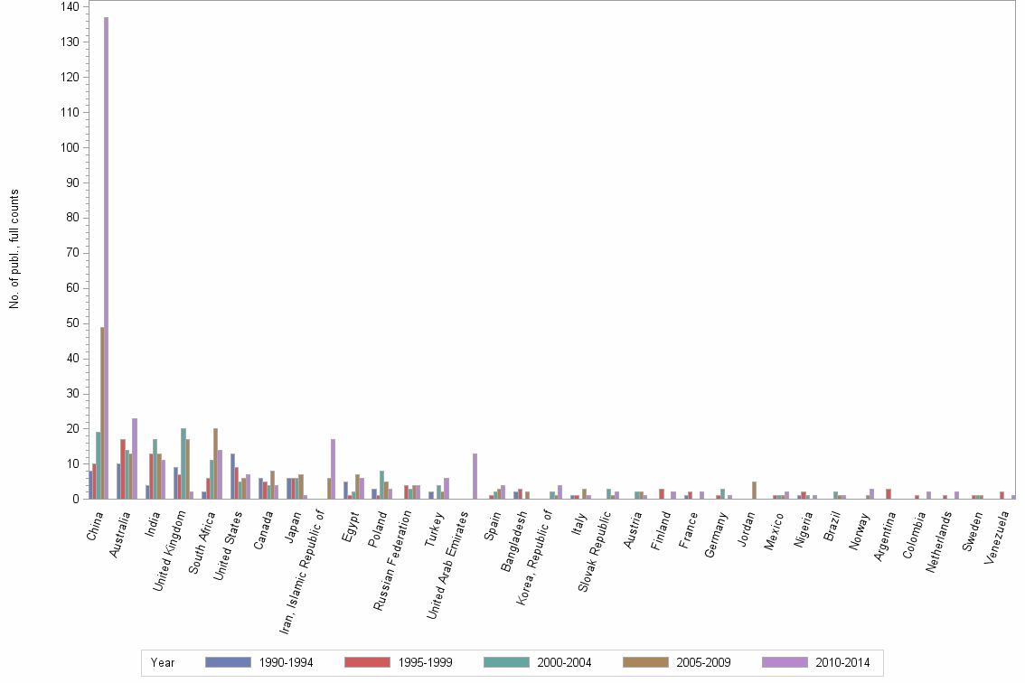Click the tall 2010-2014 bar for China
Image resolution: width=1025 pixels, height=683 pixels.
[106, 257]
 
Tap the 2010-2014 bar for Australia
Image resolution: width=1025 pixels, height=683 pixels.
[135, 458]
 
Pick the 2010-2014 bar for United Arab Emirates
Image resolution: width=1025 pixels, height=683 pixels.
[475, 476]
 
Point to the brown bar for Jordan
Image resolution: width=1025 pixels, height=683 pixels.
[754, 490]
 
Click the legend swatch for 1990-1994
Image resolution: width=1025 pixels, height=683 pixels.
[227, 662]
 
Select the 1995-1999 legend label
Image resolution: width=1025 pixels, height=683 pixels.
[425, 663]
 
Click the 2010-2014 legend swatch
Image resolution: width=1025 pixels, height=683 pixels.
[784, 662]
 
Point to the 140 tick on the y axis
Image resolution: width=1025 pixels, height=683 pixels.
[70, 7]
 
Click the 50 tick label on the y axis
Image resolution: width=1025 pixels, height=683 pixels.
[72, 323]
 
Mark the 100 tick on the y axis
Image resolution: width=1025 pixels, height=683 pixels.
[70, 147]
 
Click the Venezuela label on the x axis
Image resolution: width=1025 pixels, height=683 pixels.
[1001, 535]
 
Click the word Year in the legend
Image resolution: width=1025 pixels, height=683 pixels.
[163, 663]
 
